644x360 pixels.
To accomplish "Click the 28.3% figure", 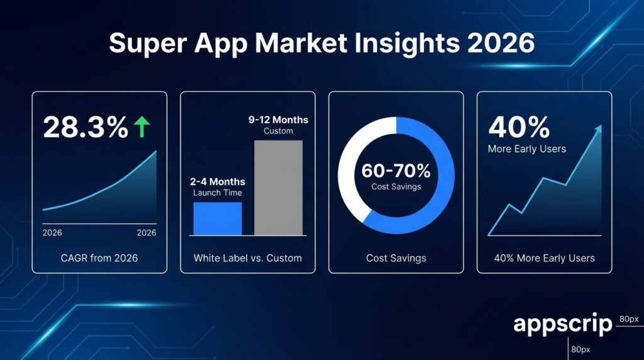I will (85, 127).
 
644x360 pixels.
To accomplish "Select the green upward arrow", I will (142, 127).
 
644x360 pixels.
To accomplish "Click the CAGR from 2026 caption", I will (99, 258).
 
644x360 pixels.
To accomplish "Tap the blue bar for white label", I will (216, 218).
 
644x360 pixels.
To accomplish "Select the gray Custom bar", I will (278, 188).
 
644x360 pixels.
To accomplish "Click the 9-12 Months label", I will (278, 120).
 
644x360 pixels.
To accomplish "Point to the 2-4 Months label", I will (216, 182).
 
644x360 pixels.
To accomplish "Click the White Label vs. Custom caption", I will (248, 258).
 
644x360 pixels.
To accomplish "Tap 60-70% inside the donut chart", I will (396, 171).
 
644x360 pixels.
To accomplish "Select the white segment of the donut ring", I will (352, 157).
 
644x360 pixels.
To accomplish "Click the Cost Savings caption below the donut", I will (396, 258).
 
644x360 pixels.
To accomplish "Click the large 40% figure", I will (519, 127).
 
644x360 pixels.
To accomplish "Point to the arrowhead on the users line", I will (598, 128).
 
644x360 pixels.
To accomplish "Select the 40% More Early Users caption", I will (545, 258).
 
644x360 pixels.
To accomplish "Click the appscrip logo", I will (562, 325).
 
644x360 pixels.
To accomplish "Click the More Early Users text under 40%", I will (527, 149).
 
